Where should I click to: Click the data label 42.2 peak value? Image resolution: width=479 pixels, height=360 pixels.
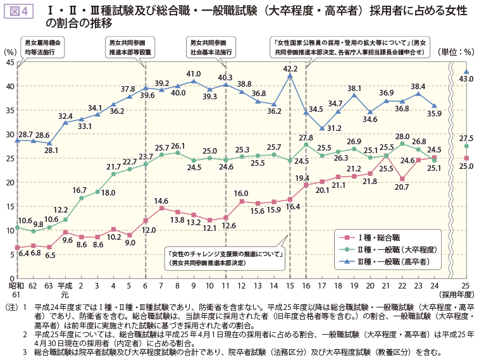(x=290, y=68)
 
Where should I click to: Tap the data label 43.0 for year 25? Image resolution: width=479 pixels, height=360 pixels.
(x=466, y=79)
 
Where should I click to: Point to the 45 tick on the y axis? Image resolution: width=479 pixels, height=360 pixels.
(x=11, y=62)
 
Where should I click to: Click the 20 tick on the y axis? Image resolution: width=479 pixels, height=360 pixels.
(x=11, y=182)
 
